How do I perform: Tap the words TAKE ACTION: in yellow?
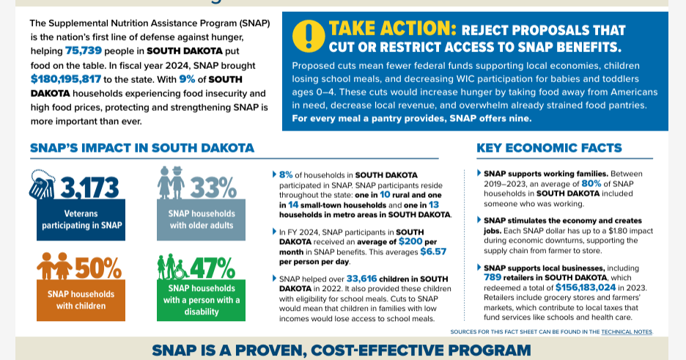(392, 29)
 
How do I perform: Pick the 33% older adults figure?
(213, 188)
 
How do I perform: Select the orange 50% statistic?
(97, 268)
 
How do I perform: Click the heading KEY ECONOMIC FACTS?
(549, 148)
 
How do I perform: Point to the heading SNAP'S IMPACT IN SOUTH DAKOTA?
(142, 148)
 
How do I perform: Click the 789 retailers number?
(494, 278)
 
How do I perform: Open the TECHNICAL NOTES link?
(626, 332)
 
